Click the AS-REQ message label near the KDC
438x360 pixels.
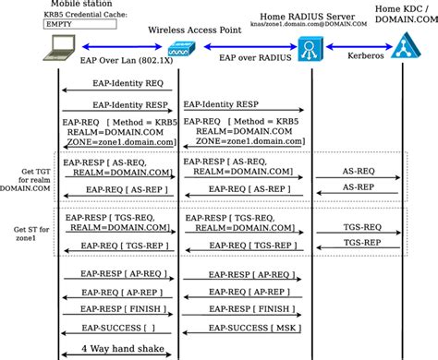(x=359, y=171)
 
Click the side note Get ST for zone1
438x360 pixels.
(x=27, y=234)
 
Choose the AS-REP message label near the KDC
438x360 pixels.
(x=359, y=186)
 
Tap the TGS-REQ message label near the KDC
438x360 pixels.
(x=360, y=225)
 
